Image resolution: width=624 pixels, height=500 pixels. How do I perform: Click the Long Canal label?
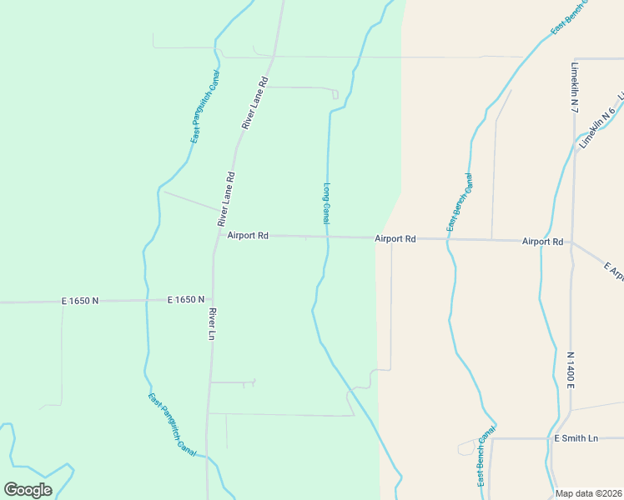pyautogui.click(x=326, y=203)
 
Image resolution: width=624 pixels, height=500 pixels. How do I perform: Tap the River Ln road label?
pyautogui.click(x=213, y=324)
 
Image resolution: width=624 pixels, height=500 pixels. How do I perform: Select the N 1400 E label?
pyautogui.click(x=571, y=370)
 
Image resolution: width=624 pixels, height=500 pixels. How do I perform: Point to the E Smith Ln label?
pyautogui.click(x=576, y=438)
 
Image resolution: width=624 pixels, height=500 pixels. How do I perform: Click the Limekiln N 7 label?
pyautogui.click(x=575, y=87)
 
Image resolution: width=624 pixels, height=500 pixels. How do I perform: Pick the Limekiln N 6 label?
pyautogui.click(x=596, y=127)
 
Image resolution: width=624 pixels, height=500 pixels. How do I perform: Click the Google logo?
pyautogui.click(x=28, y=489)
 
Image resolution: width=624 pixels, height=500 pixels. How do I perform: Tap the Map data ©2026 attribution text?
pyautogui.click(x=588, y=493)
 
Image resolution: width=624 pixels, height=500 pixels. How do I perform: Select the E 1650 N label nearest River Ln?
pyautogui.click(x=186, y=299)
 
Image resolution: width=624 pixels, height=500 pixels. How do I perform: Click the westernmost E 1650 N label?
pyautogui.click(x=80, y=300)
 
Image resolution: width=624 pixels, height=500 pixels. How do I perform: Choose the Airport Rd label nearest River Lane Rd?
pyautogui.click(x=248, y=236)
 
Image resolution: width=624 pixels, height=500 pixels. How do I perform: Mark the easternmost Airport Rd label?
pyautogui.click(x=542, y=242)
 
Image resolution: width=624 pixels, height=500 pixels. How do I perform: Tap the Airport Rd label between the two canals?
pyautogui.click(x=395, y=239)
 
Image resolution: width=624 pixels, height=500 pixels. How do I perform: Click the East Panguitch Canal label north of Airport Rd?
pyautogui.click(x=205, y=107)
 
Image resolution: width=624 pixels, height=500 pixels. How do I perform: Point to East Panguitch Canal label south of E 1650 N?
pyautogui.click(x=172, y=424)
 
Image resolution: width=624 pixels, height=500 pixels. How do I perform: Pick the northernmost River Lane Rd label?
pyautogui.click(x=254, y=102)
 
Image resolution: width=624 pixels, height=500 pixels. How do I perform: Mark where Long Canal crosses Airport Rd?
pyautogui.click(x=327, y=237)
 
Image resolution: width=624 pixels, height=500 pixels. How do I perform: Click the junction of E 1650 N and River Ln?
pyautogui.click(x=211, y=300)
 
